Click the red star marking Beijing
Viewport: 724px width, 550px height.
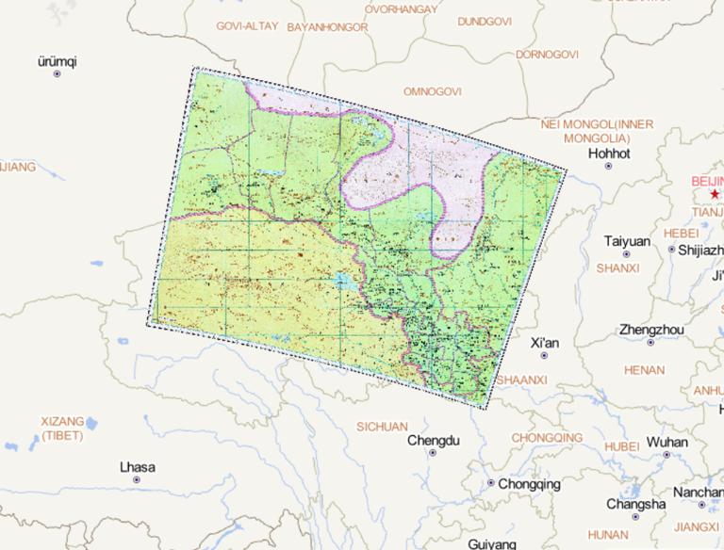(715, 193)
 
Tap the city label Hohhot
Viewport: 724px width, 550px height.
(608, 153)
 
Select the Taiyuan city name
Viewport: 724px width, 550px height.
(627, 241)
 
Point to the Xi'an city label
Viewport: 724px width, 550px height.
(545, 343)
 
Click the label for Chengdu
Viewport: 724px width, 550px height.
(433, 440)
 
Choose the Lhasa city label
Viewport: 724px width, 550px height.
(138, 467)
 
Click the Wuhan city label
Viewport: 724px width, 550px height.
(667, 442)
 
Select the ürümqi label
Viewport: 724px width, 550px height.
(57, 61)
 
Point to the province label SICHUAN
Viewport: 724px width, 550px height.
(382, 426)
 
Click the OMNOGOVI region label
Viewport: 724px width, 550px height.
(432, 91)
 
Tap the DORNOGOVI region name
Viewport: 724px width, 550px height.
(547, 55)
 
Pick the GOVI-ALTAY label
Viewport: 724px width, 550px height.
(247, 26)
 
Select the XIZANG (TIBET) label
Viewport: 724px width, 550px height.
(63, 428)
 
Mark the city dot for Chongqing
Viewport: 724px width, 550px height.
(490, 483)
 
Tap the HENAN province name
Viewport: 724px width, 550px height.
(644, 370)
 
